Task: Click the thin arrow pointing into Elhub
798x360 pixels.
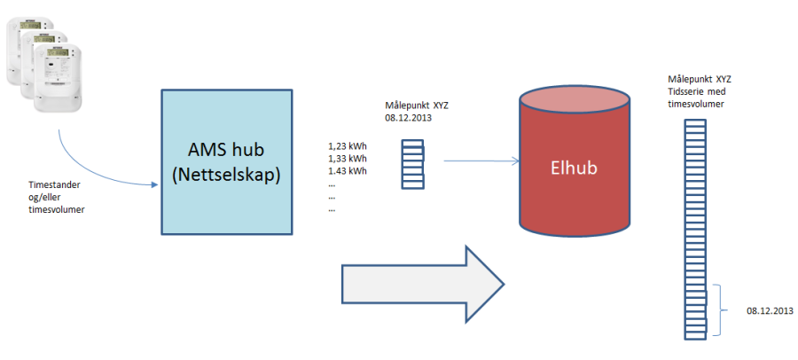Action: pos(480,161)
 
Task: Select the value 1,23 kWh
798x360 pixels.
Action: pos(348,144)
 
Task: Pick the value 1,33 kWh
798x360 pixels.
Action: pos(348,157)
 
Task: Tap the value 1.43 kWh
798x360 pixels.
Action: pos(348,170)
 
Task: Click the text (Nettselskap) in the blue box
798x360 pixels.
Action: pos(227,176)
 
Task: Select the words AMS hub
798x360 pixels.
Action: pos(227,149)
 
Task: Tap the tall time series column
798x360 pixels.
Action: pos(695,231)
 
